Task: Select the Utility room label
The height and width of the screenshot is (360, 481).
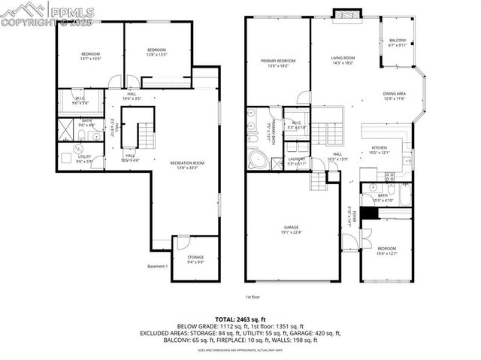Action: coord(83,159)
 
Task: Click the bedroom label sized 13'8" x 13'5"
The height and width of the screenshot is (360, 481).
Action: coord(156,52)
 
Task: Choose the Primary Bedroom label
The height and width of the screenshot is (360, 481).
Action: coord(277,63)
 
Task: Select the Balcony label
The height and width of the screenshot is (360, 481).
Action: coord(396,42)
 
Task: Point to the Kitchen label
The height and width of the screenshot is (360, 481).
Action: coord(379,150)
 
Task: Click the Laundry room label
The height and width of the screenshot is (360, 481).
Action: coord(295,160)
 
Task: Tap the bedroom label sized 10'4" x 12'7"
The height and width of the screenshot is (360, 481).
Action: coord(386,250)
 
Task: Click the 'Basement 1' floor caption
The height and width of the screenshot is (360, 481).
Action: coord(157,266)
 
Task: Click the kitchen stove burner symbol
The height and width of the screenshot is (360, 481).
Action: coord(389,177)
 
